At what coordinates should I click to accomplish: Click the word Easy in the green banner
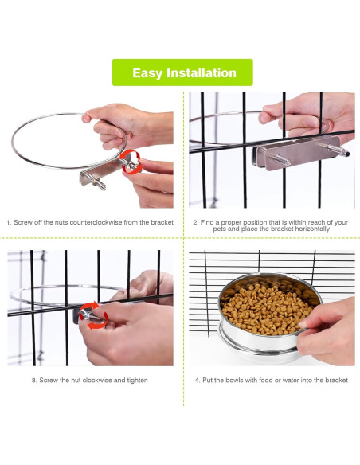click(x=147, y=73)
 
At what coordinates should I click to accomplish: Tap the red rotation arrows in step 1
click(x=131, y=162)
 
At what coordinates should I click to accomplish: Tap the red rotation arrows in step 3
click(x=93, y=315)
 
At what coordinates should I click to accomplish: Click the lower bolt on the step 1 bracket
click(x=99, y=183)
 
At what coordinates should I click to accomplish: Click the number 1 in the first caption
click(x=8, y=222)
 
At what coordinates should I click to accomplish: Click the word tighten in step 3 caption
click(x=137, y=381)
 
